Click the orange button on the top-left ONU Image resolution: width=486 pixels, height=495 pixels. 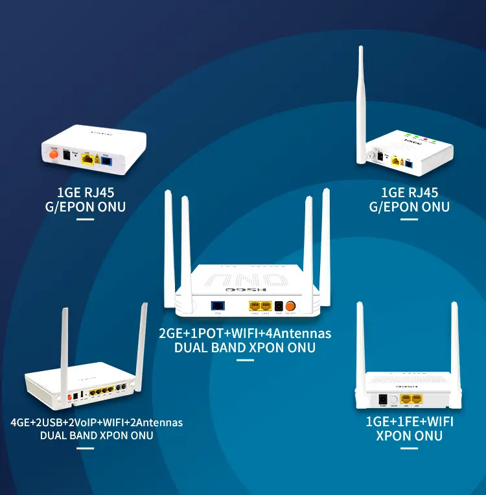[x=53, y=154]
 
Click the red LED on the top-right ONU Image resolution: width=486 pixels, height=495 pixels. [x=424, y=136]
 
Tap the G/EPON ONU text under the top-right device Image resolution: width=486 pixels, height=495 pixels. [x=409, y=207]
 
